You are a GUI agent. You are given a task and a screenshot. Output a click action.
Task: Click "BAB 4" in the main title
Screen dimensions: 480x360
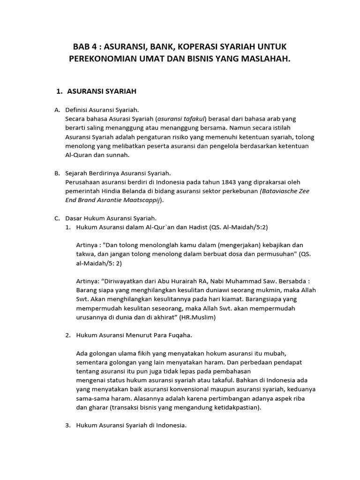click(85, 47)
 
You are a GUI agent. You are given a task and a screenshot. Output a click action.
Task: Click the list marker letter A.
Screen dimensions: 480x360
click(57, 110)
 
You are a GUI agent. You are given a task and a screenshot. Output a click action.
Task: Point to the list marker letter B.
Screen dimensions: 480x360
click(57, 173)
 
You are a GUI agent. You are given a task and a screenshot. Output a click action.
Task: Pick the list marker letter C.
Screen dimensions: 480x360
click(57, 218)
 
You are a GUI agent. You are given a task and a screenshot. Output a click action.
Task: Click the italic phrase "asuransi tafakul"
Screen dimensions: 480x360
click(180, 119)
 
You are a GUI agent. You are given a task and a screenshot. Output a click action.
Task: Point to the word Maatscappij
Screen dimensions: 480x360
click(140, 200)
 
